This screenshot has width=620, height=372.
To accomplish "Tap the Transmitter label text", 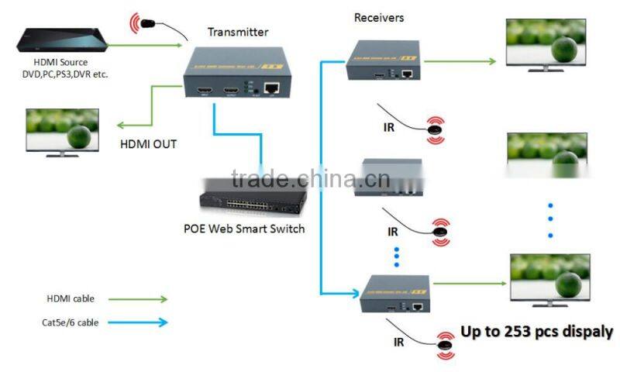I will (x=238, y=32).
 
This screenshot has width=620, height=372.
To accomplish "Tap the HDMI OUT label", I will (x=148, y=143).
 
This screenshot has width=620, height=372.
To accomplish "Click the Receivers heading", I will (x=379, y=17).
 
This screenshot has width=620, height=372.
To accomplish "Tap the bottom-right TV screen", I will (x=549, y=277).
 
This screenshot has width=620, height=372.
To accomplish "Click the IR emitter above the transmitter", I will (x=147, y=21).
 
